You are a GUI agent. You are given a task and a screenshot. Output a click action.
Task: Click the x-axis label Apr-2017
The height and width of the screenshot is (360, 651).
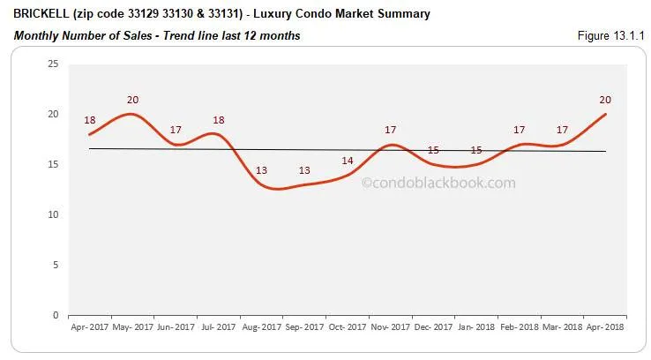coord(90,326)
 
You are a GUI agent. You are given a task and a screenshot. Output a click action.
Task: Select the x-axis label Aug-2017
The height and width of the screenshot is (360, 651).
coord(262,326)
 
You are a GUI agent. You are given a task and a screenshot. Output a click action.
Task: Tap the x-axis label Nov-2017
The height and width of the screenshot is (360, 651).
coord(390,326)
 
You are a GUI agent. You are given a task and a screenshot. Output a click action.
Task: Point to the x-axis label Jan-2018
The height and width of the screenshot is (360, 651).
coord(476,326)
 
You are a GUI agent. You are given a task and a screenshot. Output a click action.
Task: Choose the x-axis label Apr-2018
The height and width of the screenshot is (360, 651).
coord(606,326)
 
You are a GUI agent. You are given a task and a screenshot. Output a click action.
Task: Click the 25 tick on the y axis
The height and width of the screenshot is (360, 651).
coord(53,64)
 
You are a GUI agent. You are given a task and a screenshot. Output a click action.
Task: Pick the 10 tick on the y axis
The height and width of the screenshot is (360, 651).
coord(53,214)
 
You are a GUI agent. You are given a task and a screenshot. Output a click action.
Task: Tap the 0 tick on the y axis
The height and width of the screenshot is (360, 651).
coord(56,315)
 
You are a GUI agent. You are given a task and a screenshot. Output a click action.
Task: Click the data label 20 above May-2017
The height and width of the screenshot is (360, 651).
coord(133,100)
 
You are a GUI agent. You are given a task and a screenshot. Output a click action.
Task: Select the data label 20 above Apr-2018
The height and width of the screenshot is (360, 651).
coord(606,100)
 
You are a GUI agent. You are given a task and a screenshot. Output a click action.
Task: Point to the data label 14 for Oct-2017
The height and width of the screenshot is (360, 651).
coord(348,161)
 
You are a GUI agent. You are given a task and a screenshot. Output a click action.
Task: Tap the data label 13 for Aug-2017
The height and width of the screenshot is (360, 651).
coord(262,170)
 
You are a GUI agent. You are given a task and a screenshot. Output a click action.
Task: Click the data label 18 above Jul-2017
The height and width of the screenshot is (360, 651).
coord(219,120)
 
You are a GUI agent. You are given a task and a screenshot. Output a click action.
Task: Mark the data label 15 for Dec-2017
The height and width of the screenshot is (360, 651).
coord(433,151)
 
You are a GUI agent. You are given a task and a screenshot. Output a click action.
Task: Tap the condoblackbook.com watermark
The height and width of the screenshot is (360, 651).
coord(438,184)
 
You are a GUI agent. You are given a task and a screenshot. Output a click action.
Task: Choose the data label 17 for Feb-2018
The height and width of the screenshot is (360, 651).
coord(520,131)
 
